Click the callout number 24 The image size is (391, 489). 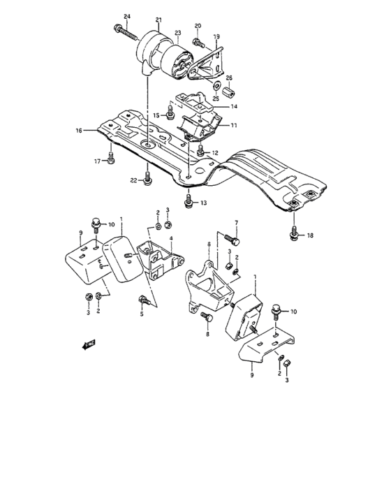click(126, 16)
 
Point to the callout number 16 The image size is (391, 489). click(78, 130)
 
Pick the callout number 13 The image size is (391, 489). click(204, 203)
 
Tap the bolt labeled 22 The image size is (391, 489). click(146, 180)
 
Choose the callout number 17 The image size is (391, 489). click(98, 162)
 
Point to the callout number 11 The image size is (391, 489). click(234, 126)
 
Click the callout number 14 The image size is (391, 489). click(234, 106)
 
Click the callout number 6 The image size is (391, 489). click(208, 244)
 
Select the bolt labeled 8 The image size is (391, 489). click(207, 317)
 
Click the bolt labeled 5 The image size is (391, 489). click(145, 301)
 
